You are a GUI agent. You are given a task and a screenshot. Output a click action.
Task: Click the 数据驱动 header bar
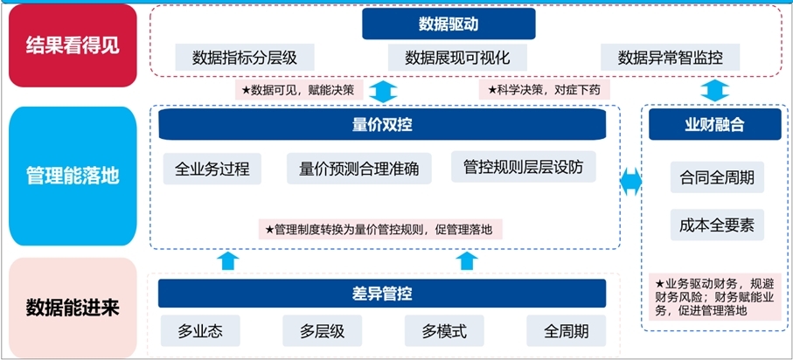[423, 24]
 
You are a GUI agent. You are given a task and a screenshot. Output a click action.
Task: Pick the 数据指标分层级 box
[244, 58]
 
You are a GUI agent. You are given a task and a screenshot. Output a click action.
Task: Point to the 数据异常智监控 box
[670, 58]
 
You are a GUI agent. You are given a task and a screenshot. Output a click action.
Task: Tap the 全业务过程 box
[212, 169]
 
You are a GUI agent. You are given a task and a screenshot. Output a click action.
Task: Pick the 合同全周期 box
[716, 178]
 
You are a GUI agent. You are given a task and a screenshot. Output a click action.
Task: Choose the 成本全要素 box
[716, 225]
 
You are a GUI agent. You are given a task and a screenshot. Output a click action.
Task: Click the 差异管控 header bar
[381, 293]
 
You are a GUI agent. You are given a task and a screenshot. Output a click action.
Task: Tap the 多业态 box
[200, 332]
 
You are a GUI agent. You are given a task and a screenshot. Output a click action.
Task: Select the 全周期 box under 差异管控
[566, 332]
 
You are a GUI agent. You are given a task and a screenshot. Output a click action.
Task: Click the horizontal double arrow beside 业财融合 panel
[630, 182]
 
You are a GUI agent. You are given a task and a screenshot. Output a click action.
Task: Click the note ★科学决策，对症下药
[544, 89]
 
